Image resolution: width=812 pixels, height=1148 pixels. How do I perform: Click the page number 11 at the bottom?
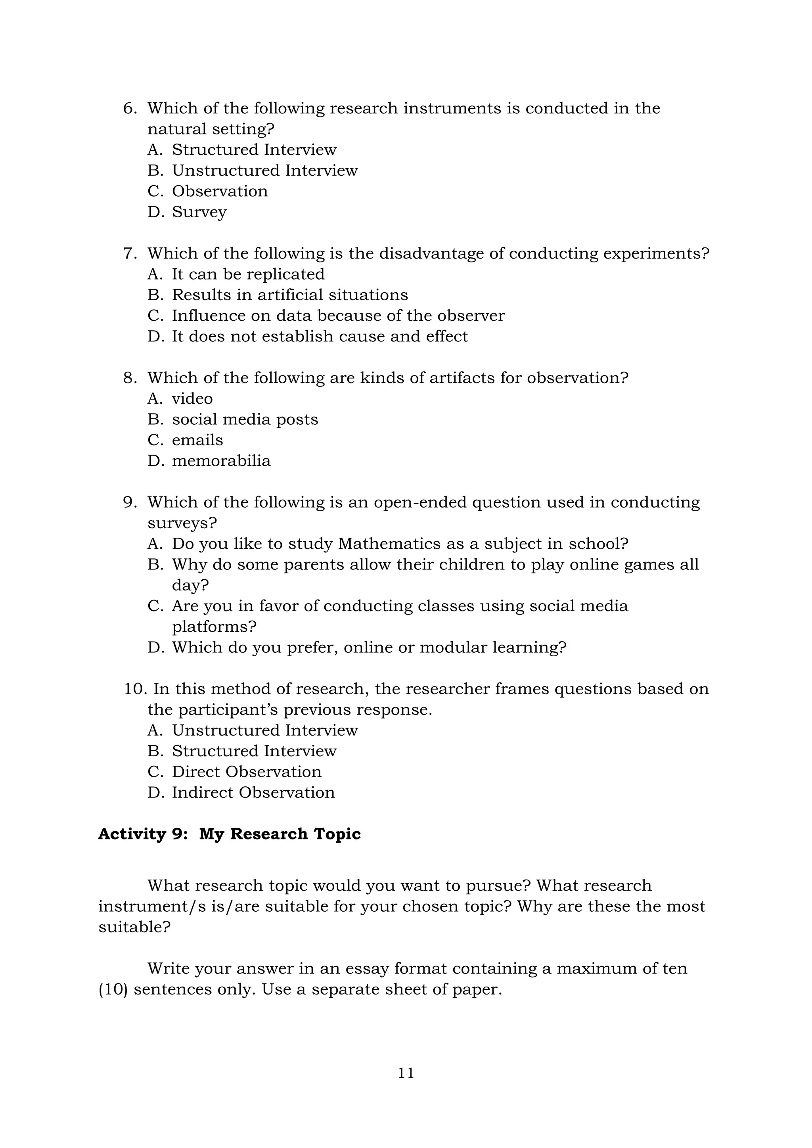[x=406, y=1073]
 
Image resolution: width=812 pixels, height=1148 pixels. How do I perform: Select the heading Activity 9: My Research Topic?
[x=229, y=834]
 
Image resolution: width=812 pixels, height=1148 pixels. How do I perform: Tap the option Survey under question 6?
[x=199, y=212]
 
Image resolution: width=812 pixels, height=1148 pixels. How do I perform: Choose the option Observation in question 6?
[x=220, y=191]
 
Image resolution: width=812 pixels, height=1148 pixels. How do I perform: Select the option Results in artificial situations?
[x=289, y=295]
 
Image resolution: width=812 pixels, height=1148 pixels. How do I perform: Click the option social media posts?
[x=245, y=419]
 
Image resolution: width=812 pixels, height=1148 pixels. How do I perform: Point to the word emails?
[x=197, y=440]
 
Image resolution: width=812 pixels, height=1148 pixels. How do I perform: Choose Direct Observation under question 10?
[x=247, y=772]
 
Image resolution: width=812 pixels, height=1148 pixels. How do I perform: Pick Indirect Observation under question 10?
[x=253, y=793]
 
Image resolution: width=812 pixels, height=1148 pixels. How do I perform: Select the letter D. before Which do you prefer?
[x=155, y=648]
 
